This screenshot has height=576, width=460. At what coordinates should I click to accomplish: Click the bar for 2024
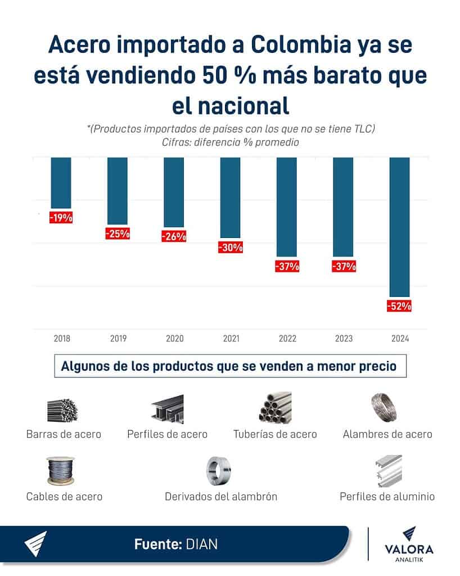399,226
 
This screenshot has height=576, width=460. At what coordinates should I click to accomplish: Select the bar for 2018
61,183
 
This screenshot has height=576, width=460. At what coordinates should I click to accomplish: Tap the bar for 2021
230,197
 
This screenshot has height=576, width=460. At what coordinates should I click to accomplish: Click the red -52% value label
399,307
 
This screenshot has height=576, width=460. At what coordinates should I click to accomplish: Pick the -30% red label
231,247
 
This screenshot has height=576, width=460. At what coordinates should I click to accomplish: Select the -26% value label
174,237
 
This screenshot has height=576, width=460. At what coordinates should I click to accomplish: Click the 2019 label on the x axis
118,339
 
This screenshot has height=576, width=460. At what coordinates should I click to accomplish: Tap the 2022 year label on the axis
287,339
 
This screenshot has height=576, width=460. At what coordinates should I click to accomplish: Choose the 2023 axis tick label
344,339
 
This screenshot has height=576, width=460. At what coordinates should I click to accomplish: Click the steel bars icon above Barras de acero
62,410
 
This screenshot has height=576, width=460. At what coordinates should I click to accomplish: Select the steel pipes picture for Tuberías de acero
275,408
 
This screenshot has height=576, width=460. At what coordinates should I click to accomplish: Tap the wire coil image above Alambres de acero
387,407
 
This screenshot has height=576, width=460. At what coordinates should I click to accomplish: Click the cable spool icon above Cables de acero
62,471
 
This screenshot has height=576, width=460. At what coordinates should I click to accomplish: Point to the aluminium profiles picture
388,470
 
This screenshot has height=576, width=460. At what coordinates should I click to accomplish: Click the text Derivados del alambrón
220,497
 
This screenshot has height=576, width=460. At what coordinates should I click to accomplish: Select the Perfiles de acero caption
167,434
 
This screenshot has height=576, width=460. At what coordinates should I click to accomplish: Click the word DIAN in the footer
200,544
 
